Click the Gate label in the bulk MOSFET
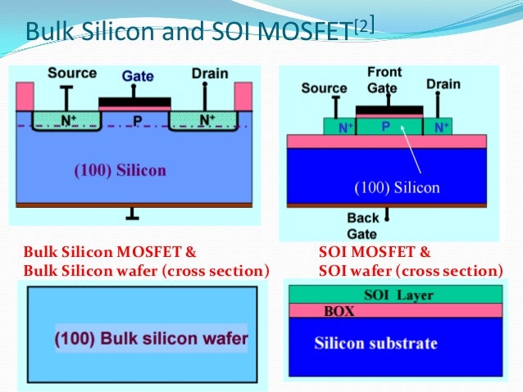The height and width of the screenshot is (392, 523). click(x=138, y=75)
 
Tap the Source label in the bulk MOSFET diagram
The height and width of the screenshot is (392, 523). click(x=71, y=73)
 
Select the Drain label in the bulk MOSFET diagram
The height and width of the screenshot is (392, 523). click(x=209, y=73)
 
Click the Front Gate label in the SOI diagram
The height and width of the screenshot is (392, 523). click(x=383, y=80)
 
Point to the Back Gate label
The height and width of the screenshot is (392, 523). click(x=363, y=224)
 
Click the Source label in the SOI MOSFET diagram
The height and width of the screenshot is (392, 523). click(x=324, y=88)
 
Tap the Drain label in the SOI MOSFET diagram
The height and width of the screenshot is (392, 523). click(x=443, y=84)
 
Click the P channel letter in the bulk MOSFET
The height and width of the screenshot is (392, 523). click(x=138, y=120)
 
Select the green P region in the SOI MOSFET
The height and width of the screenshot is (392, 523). click(x=385, y=127)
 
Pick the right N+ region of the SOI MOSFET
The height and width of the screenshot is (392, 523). click(x=441, y=128)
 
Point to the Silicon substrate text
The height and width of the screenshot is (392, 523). click(x=375, y=344)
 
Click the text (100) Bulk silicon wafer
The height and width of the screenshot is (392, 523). click(x=152, y=337)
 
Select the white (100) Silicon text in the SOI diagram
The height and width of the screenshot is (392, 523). click(x=397, y=187)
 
